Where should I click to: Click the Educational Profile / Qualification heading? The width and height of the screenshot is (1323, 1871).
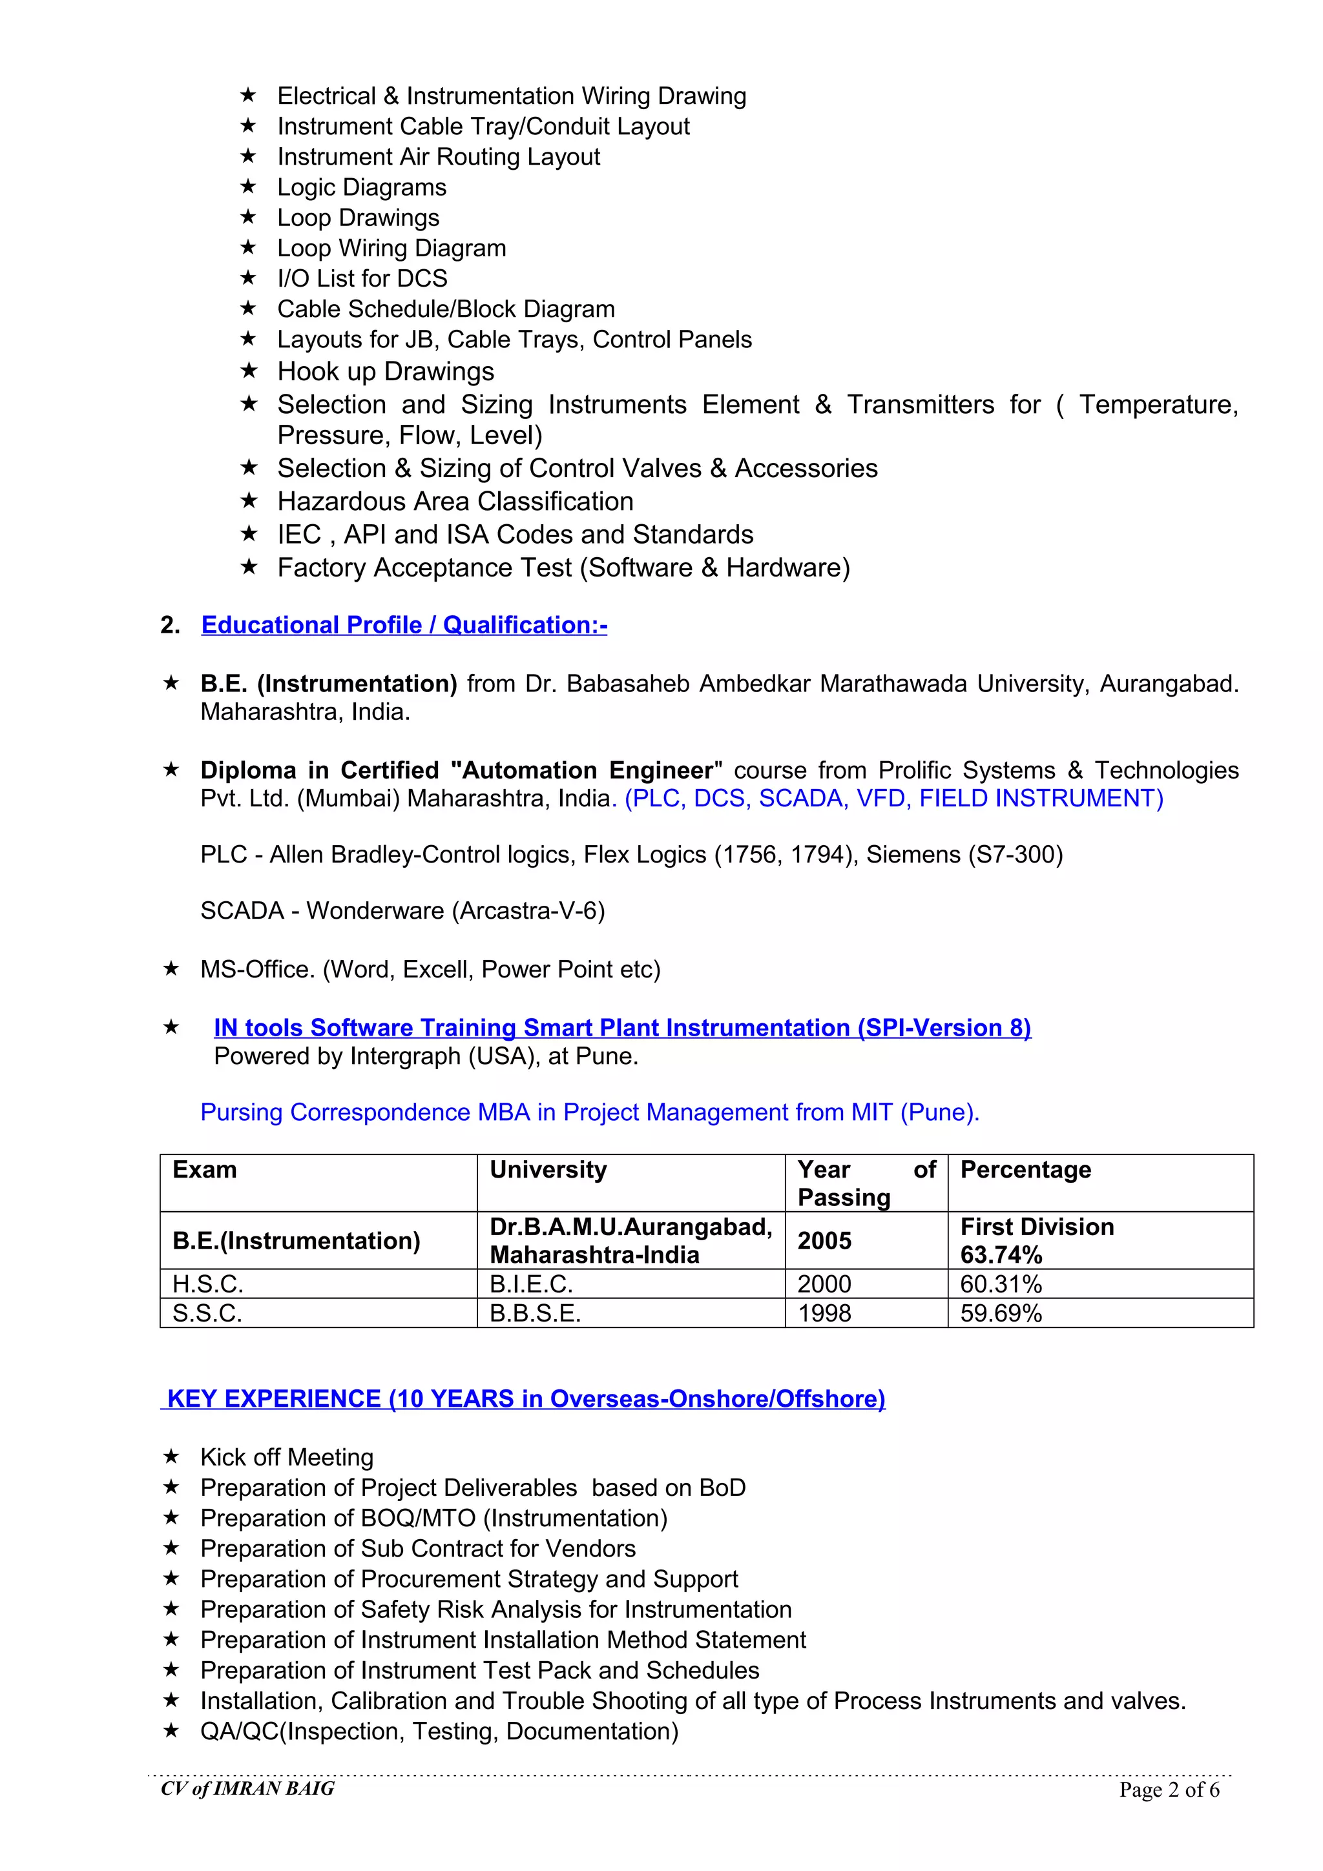point(404,625)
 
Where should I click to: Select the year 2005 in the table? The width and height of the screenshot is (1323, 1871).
point(824,1240)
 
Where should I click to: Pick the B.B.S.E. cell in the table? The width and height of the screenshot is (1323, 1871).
point(535,1314)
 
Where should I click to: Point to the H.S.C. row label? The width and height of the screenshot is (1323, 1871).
point(208,1284)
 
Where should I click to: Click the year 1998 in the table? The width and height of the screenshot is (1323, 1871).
point(824,1314)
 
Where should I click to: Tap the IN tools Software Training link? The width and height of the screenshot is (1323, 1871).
point(622,1028)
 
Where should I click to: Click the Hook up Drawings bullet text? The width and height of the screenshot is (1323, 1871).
point(386,372)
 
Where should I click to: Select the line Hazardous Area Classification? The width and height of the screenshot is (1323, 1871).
point(455,501)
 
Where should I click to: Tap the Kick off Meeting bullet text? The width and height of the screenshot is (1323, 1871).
point(287,1457)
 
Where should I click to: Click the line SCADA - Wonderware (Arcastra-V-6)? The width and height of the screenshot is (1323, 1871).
point(402,910)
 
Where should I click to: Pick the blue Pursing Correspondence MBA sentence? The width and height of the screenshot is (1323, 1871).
point(589,1112)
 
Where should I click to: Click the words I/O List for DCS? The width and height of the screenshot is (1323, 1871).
point(362,279)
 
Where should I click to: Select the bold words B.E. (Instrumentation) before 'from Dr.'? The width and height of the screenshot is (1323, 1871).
point(329,683)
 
